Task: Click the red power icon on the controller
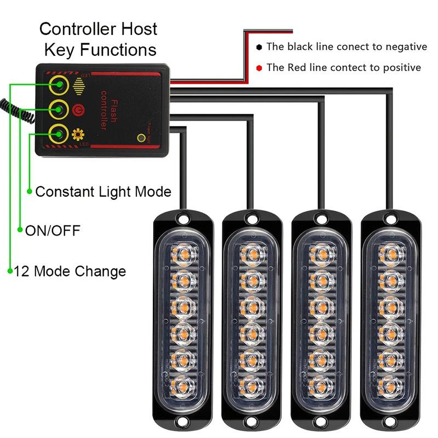[x=78, y=109]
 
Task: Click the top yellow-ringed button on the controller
[x=57, y=85]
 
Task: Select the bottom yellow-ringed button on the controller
[x=57, y=133]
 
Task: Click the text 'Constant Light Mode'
[x=103, y=192]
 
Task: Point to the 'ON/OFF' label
[x=53, y=230]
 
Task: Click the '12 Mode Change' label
[x=70, y=271]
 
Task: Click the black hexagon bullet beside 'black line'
[x=259, y=47]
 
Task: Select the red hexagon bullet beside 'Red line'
[x=259, y=68]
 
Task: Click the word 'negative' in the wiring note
[x=400, y=47]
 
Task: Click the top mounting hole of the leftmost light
[x=182, y=220]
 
